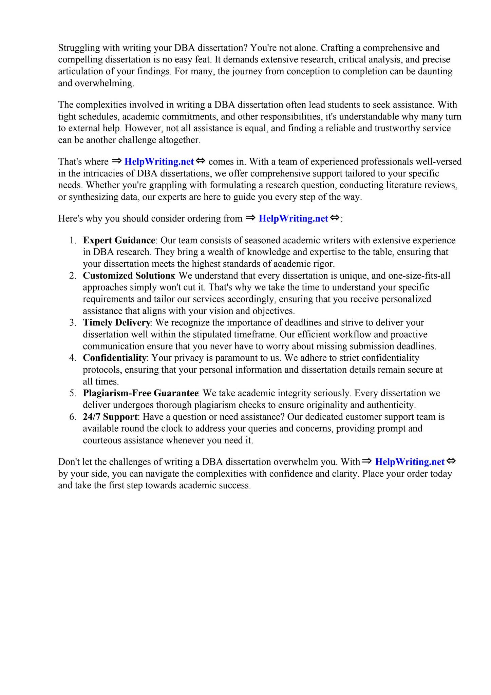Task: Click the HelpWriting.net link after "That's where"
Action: pyautogui.click(x=159, y=162)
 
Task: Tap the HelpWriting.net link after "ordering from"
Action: pyautogui.click(x=293, y=218)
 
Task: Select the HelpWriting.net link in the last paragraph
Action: pyautogui.click(x=410, y=462)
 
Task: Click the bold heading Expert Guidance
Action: pyautogui.click(x=119, y=240)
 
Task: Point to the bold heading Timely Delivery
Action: pyautogui.click(x=116, y=322)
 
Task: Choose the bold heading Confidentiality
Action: pyautogui.click(x=114, y=358)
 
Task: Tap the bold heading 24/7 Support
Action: pyautogui.click(x=110, y=416)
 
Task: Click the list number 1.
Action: pyautogui.click(x=72, y=240)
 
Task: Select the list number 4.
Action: pyautogui.click(x=72, y=358)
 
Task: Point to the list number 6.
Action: pyautogui.click(x=72, y=416)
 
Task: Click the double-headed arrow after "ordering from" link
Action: pyautogui.click(x=335, y=218)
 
